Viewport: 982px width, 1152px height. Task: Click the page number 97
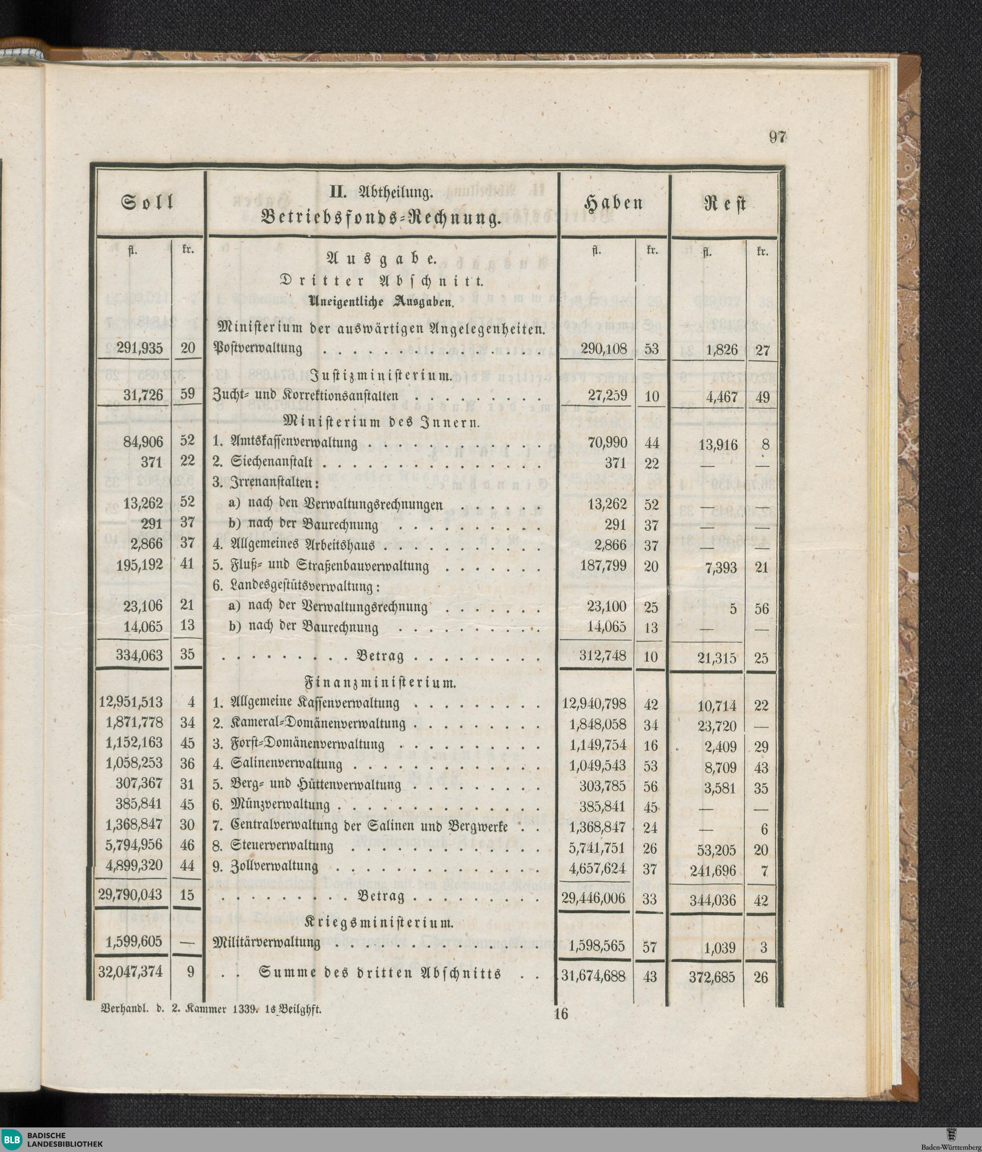[777, 138]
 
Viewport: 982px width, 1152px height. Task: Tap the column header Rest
[725, 204]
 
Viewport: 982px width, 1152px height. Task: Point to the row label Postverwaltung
[258, 349]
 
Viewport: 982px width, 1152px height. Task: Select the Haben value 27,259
[607, 396]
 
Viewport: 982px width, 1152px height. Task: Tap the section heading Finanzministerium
[381, 683]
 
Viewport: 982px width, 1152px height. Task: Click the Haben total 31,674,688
[594, 974]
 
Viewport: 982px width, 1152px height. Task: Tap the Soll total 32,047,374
[131, 972]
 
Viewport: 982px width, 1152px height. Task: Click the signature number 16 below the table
[561, 1013]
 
